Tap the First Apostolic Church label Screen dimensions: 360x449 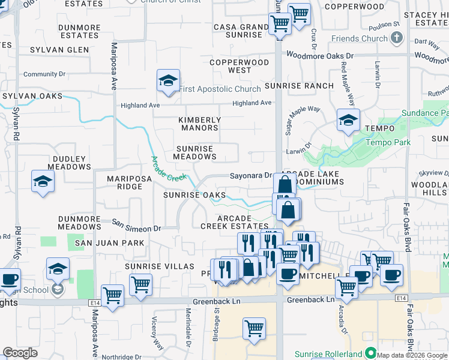point(220,89)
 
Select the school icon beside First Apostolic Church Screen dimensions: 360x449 point(169,81)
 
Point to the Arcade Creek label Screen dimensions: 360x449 point(169,168)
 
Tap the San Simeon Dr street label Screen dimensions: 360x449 point(137,229)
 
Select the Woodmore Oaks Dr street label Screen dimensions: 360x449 point(320,55)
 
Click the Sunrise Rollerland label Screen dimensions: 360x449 point(328,353)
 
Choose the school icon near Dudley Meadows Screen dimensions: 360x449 point(43,181)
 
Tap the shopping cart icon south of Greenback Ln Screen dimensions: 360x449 point(255,329)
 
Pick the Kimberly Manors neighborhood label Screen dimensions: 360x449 point(199,124)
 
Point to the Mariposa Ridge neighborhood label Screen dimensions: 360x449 point(125,182)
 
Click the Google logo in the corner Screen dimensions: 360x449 point(20,353)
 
